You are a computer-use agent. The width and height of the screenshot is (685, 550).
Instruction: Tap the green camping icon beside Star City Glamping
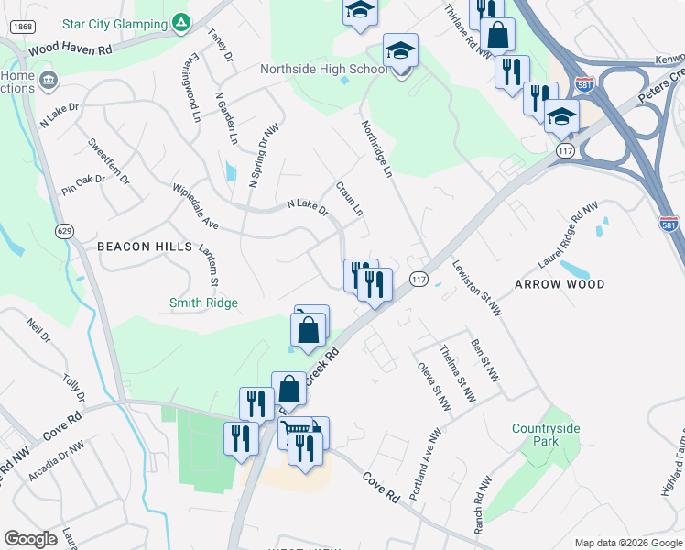(183, 20)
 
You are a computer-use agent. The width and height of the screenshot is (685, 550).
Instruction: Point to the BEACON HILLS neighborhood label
(145, 247)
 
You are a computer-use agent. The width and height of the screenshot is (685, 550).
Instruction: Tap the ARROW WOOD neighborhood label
(560, 284)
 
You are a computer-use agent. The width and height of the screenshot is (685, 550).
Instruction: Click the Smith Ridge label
(203, 302)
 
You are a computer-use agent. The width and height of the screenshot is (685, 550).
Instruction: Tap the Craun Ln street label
(350, 198)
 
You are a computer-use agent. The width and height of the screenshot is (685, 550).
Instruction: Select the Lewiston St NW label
(477, 289)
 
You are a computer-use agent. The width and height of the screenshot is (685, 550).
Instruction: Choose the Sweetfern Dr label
(108, 161)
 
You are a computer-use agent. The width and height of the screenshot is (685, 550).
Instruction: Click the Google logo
(30, 539)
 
